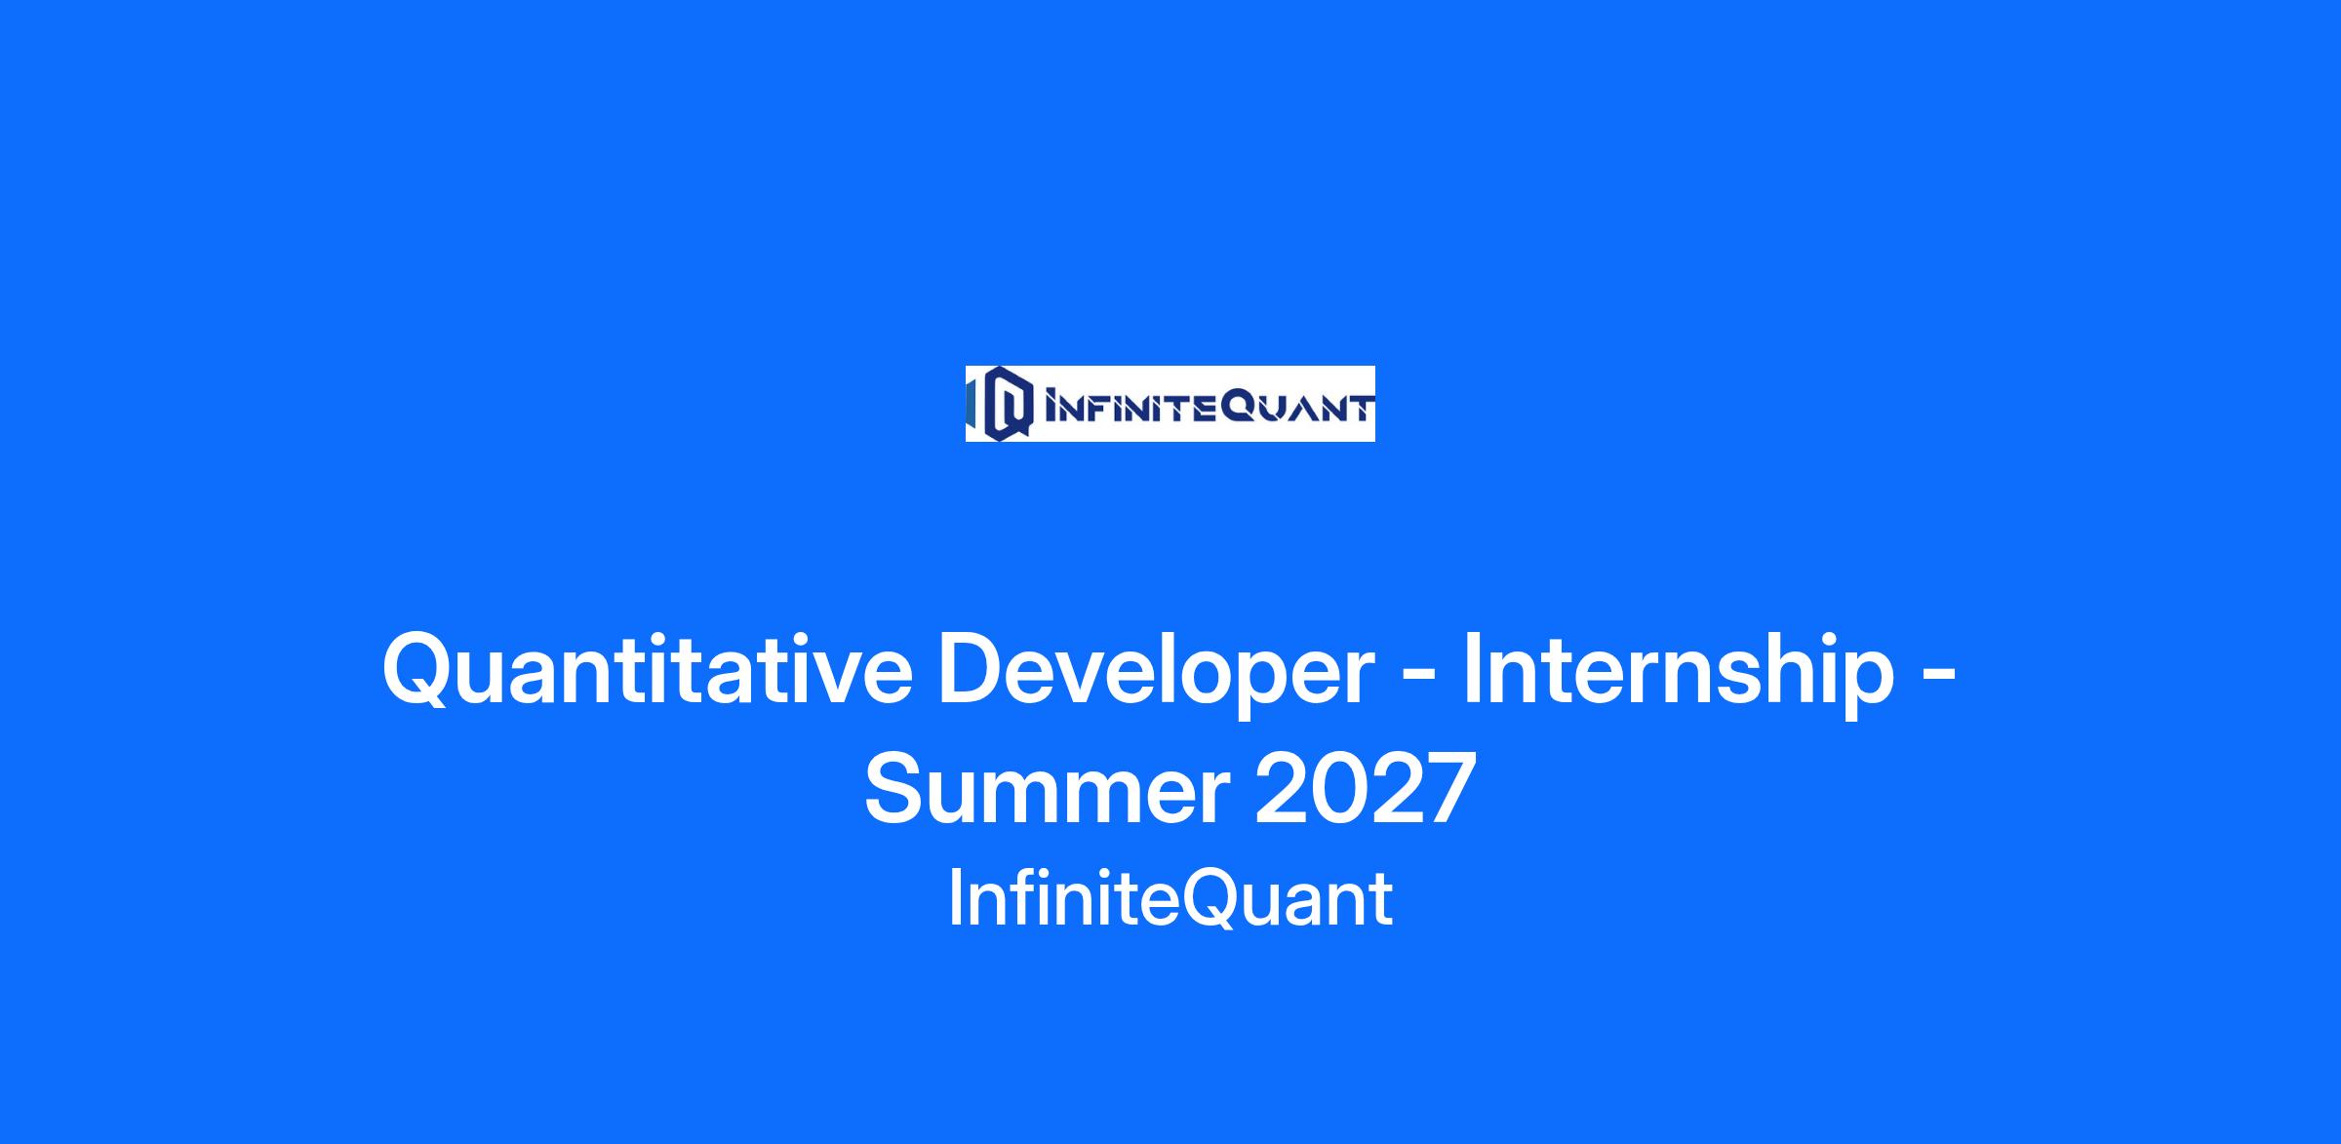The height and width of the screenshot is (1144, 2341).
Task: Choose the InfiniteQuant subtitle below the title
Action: point(1170,900)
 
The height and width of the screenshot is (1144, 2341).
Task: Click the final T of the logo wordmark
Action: point(1361,408)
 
